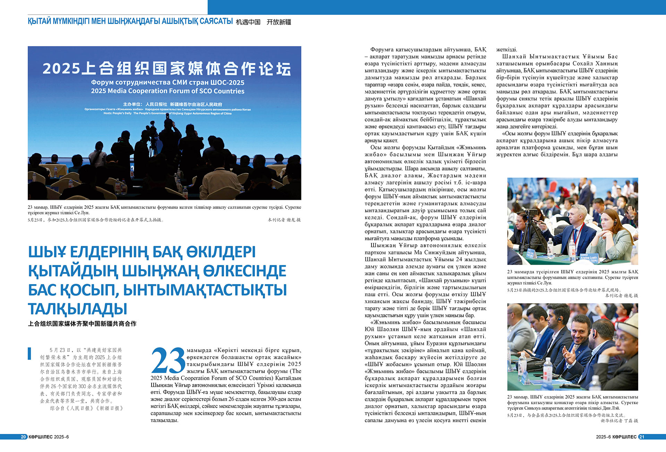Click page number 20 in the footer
pos(24,437)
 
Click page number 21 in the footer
pos(641,437)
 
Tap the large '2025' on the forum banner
pos(61,69)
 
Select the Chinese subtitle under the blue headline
pos(82,324)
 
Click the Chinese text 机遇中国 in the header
pos(248,22)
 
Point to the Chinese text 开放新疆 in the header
pos(279,22)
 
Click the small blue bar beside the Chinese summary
pos(29,353)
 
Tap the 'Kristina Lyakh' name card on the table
pos(588,258)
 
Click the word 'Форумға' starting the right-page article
pos(382,50)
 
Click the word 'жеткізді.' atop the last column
pos(506,50)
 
